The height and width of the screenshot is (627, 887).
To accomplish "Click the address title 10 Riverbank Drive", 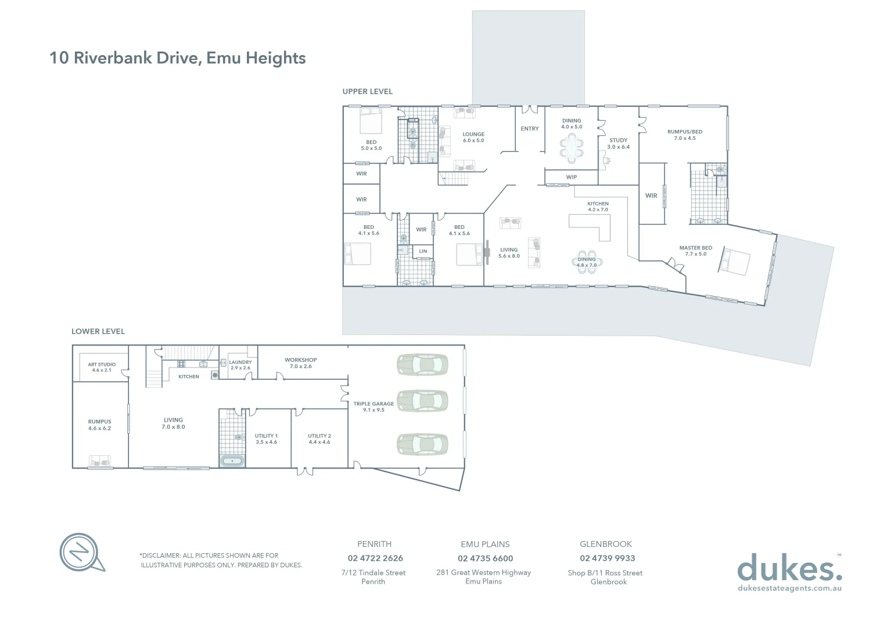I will (177, 58).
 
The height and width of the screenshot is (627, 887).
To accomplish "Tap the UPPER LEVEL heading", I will (367, 92).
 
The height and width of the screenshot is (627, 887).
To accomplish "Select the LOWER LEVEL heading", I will (98, 331).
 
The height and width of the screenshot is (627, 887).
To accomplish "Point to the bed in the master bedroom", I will (734, 261).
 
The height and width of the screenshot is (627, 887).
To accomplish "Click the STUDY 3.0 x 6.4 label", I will (618, 143).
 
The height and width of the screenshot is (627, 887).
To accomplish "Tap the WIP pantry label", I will (571, 177).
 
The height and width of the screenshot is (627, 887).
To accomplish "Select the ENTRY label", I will (529, 129).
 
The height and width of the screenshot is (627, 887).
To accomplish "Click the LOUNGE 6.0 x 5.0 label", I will (473, 137).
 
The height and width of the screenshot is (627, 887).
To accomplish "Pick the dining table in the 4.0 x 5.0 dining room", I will (572, 147).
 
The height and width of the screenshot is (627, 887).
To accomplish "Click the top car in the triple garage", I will (422, 365).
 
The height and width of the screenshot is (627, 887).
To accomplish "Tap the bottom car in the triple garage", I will (422, 444).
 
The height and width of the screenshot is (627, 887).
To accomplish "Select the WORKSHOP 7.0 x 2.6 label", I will (300, 363).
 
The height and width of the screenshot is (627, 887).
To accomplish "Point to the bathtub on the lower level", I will (232, 461).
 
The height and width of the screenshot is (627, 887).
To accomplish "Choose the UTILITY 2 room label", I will (319, 439).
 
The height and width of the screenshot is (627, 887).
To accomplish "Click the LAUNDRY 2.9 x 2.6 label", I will (240, 365).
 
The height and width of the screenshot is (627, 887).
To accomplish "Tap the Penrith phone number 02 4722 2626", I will (375, 558).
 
